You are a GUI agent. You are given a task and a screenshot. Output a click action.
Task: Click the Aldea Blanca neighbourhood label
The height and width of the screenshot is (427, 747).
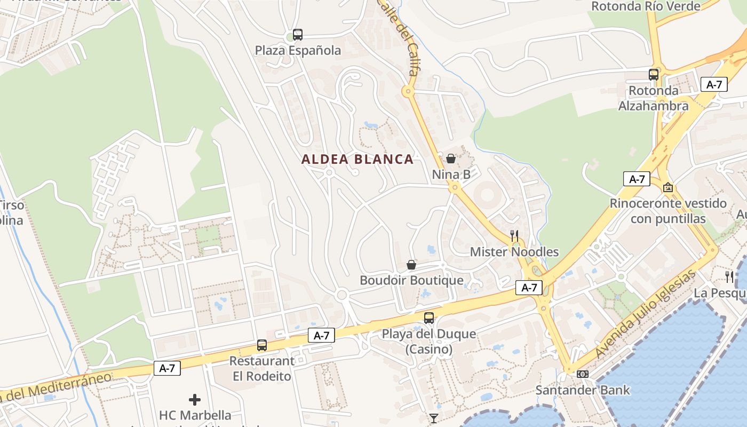(x=357, y=159)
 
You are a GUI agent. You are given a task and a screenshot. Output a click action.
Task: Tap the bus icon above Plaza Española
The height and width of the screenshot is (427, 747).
(x=298, y=35)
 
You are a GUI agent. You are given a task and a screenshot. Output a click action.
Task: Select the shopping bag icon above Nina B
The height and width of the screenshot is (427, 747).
(x=451, y=159)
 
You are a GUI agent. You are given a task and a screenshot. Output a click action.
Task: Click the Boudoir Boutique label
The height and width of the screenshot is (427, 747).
(x=411, y=280)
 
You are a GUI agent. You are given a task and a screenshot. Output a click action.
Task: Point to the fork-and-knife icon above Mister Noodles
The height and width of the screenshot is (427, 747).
(x=514, y=235)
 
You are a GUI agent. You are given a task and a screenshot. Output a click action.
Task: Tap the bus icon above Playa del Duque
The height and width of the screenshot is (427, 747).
(x=428, y=318)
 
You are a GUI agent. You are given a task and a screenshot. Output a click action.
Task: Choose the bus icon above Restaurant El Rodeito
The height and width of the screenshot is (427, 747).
(x=261, y=345)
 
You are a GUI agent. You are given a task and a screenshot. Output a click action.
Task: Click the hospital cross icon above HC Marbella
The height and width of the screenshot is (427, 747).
(x=195, y=399)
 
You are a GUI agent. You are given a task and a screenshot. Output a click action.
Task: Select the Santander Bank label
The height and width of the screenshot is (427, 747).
(x=583, y=390)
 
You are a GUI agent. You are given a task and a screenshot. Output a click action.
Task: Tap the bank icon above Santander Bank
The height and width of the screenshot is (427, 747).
(x=583, y=374)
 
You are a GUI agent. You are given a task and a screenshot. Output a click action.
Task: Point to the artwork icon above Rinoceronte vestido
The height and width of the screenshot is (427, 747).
(x=667, y=187)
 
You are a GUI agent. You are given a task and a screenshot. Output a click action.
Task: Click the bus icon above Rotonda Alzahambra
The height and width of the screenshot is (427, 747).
(x=653, y=75)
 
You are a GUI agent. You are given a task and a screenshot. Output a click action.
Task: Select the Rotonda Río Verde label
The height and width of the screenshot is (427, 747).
(x=646, y=6)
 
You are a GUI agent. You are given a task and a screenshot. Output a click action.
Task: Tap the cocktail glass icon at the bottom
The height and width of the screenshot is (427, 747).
(x=434, y=418)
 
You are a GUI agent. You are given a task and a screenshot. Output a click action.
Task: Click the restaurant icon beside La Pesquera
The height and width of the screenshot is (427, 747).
(x=729, y=276)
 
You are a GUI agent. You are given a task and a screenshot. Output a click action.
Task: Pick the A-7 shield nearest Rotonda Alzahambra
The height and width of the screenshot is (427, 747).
(x=713, y=84)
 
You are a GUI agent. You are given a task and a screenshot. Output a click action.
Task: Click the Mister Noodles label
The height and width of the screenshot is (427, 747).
(x=514, y=252)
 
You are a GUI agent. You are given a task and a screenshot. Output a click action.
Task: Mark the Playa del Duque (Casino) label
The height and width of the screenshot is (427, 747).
(x=428, y=342)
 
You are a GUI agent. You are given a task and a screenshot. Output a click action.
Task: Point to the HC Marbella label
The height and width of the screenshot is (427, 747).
(x=195, y=415)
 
